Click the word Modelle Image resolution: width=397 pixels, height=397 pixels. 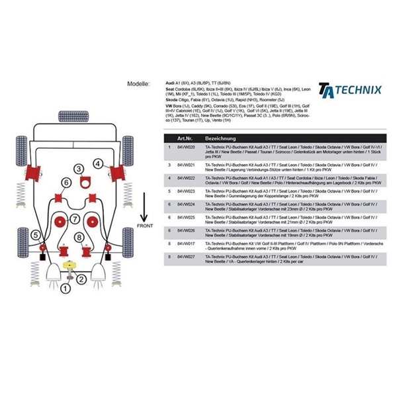[x=140, y=85]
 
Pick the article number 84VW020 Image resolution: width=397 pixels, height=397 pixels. [x=186, y=148]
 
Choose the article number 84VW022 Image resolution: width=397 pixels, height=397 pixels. [x=186, y=178]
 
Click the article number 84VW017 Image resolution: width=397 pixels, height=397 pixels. [x=186, y=243]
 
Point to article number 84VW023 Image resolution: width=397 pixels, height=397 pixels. [x=186, y=190]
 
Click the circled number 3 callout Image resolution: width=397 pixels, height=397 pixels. [x=79, y=169]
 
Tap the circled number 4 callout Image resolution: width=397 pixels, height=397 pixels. [x=97, y=163]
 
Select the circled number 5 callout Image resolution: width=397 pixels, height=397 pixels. [x=35, y=234]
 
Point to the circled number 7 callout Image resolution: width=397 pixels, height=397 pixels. [x=76, y=219]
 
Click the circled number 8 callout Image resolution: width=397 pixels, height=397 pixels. [x=79, y=237]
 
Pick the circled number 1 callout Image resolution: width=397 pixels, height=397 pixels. [x=64, y=288]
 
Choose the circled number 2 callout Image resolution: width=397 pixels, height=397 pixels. [x=81, y=279]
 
